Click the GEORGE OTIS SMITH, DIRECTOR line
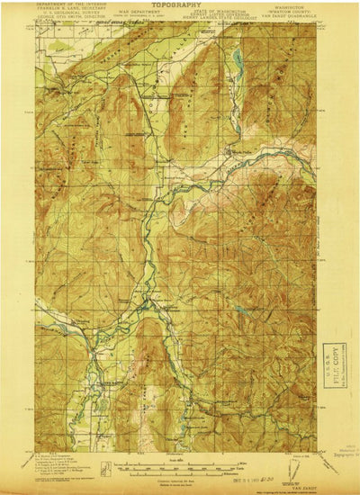click(x=72, y=20)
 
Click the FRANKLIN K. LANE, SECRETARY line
click(x=72, y=11)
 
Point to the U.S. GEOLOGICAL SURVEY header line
click(x=72, y=15)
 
